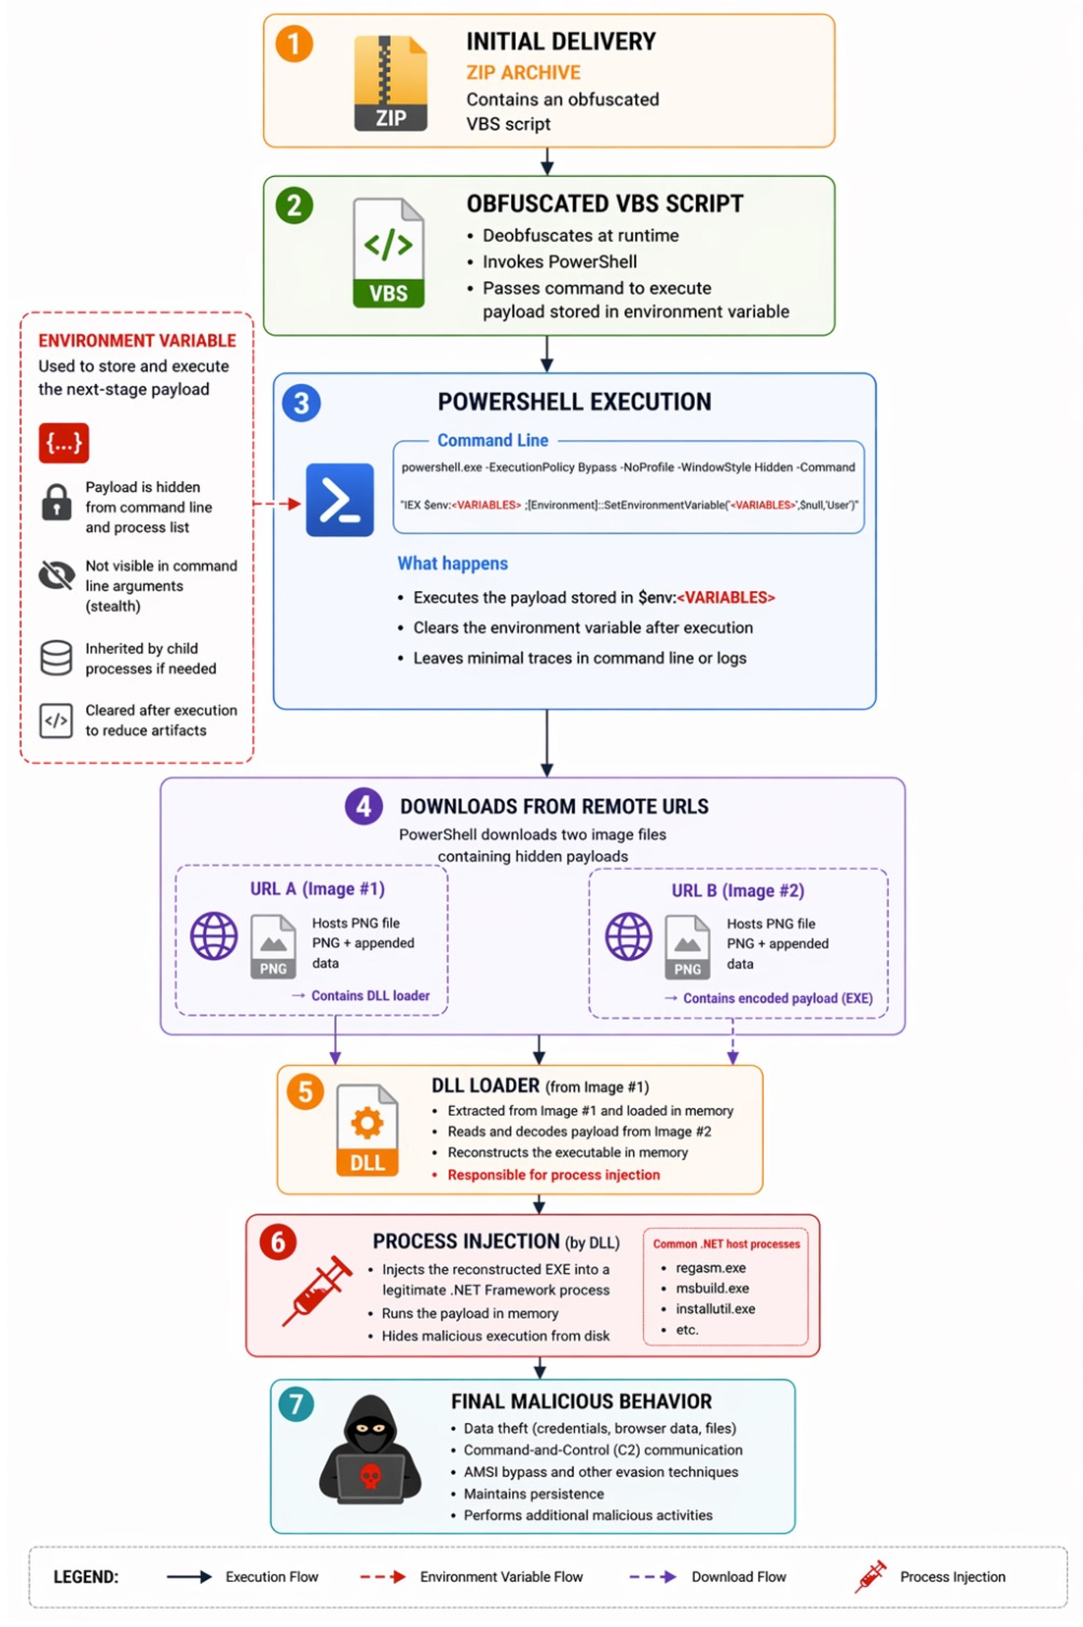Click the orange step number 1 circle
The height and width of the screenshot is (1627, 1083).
click(294, 44)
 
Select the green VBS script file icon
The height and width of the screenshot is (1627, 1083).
click(388, 252)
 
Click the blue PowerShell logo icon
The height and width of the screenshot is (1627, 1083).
click(340, 499)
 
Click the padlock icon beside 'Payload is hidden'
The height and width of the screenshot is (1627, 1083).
click(57, 501)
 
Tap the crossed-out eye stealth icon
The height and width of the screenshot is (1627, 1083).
click(57, 575)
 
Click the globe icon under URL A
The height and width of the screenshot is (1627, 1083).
click(214, 936)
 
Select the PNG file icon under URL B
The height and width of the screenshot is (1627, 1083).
click(687, 947)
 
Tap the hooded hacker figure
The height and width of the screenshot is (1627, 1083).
click(370, 1449)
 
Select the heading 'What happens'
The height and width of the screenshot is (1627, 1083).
click(452, 564)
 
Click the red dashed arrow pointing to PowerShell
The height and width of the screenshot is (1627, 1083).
click(278, 504)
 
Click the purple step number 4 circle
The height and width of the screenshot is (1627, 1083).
click(364, 806)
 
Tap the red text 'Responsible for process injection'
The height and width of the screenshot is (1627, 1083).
click(554, 1175)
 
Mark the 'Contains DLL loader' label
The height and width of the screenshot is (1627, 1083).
click(370, 996)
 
